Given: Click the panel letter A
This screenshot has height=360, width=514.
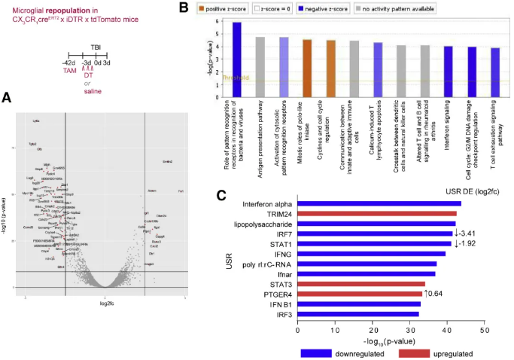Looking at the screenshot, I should click(7, 96).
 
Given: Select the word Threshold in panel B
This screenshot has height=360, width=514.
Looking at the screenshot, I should click(234, 77).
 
